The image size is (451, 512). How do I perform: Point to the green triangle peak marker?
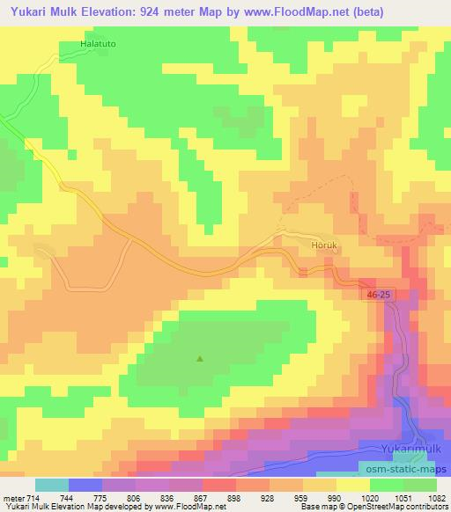[199, 358]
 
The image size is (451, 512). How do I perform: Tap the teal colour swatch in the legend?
[52, 485]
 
